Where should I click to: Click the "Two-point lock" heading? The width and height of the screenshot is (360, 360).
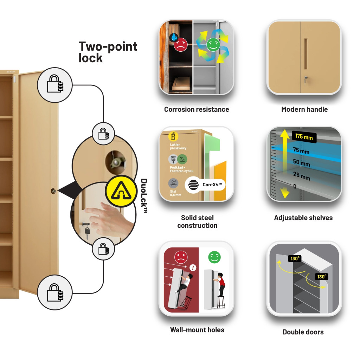pos(108,52)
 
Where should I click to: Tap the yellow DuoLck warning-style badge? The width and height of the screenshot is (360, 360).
pos(121,191)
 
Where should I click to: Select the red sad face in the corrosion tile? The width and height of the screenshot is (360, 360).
pos(180,45)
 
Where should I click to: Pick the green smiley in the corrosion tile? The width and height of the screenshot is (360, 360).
pos(213,45)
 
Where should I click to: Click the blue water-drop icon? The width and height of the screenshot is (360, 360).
pos(174,37)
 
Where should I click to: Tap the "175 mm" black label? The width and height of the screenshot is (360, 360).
pos(304,137)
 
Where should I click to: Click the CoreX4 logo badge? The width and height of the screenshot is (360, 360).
pos(205,185)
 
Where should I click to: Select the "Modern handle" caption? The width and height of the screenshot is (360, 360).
pos(304,109)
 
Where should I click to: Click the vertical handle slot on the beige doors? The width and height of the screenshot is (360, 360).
pos(306,54)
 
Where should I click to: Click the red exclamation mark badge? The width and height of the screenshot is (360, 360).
pos(193,268)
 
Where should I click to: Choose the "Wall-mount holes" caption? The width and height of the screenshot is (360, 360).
pos(197,330)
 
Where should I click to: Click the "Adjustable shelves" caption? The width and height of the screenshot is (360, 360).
pos(303,218)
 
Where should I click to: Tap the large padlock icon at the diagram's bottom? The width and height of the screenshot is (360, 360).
pos(55,292)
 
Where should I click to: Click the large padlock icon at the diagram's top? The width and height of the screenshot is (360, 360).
pos(55,85)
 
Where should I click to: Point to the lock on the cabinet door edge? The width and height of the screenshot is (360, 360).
pos(53,191)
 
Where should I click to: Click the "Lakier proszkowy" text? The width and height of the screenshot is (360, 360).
pos(178,146)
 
